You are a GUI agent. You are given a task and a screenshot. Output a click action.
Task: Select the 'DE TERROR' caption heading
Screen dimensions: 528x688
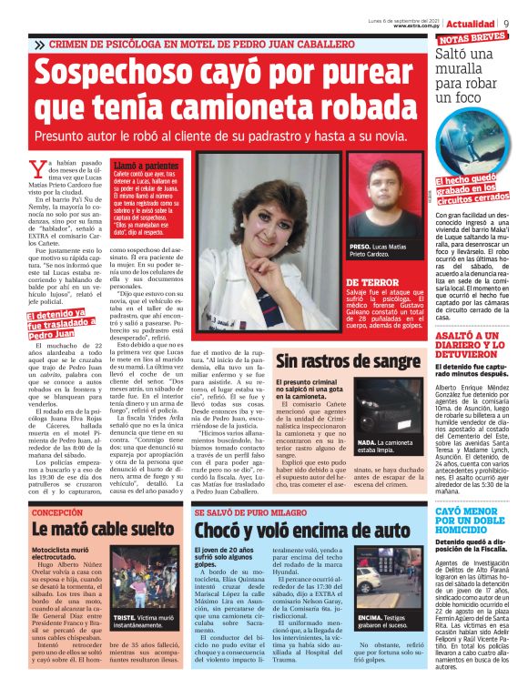(x=373, y=282)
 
